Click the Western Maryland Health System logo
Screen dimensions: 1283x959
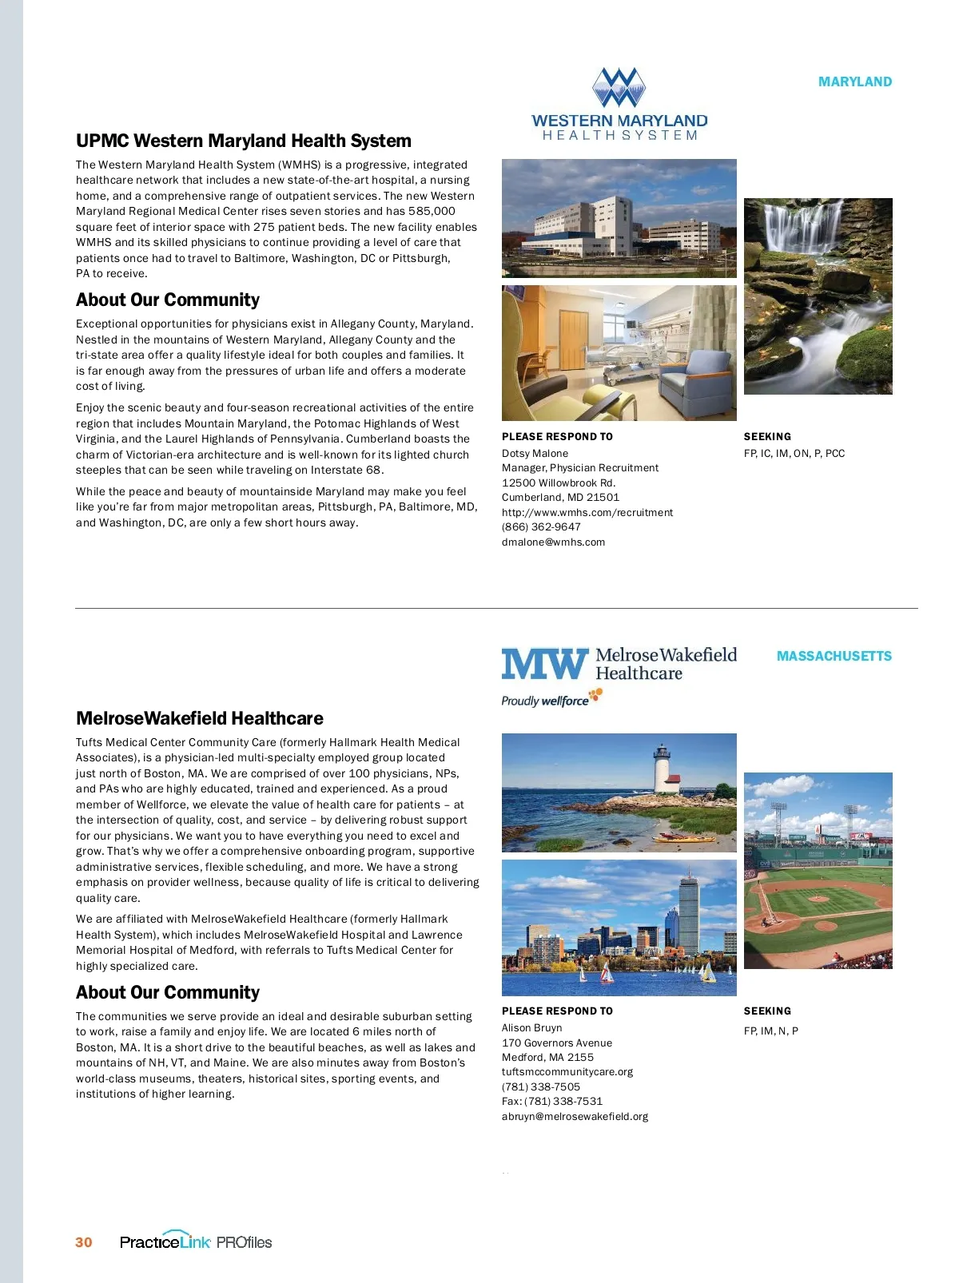(x=619, y=105)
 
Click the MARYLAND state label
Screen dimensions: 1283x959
(x=854, y=81)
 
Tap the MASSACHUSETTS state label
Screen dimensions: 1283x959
(x=834, y=656)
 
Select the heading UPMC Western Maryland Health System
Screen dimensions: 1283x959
(x=244, y=141)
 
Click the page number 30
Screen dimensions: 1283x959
(x=84, y=1242)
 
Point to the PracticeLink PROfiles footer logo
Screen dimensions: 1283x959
(x=196, y=1241)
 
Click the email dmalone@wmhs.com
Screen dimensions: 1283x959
(x=553, y=542)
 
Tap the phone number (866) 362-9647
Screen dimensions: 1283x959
(x=541, y=526)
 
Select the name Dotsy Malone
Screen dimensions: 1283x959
(x=535, y=453)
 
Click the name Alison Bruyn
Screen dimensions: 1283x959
(x=531, y=1027)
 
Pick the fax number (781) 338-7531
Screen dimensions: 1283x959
(x=563, y=1101)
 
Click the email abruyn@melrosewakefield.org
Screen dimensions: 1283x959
(x=575, y=1116)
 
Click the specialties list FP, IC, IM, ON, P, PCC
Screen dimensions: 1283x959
(x=794, y=453)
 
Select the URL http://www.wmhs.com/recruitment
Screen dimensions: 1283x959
(x=587, y=512)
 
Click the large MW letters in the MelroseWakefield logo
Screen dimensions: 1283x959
(x=544, y=664)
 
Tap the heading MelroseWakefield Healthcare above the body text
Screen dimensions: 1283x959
(x=199, y=718)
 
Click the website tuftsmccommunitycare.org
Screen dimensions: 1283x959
(x=567, y=1071)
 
